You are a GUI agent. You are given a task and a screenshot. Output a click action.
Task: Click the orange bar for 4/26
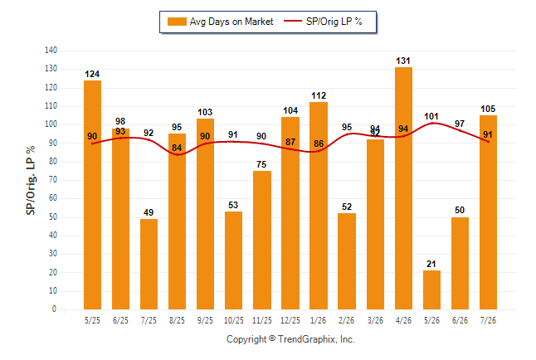[x=403, y=188]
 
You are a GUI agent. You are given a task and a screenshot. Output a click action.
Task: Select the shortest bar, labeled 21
[x=431, y=290]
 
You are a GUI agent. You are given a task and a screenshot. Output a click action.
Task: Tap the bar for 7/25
[x=149, y=265]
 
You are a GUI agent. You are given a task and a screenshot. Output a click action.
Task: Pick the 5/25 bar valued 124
[x=92, y=195]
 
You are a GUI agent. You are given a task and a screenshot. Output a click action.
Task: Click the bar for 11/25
[x=262, y=240]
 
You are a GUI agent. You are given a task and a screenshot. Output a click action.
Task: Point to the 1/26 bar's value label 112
[x=319, y=95]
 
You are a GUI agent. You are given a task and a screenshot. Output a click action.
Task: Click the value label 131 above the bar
[x=403, y=61]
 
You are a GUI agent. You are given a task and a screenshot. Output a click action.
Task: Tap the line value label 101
[x=431, y=117]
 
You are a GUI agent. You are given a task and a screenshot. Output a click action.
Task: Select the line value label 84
[x=177, y=148]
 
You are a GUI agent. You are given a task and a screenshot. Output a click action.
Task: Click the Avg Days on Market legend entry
[x=221, y=22]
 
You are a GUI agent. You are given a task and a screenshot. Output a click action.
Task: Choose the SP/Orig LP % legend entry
[x=323, y=22]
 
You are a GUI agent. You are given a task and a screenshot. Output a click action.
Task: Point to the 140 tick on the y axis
[x=51, y=51]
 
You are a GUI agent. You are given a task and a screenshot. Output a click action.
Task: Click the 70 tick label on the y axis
[x=52, y=179]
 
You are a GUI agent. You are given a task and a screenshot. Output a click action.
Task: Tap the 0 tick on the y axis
[x=55, y=309]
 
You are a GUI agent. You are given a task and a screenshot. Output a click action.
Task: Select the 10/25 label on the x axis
[x=234, y=321]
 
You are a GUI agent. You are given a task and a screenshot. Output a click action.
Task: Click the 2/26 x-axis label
[x=347, y=321]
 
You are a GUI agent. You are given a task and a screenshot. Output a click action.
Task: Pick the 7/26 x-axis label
[x=488, y=321]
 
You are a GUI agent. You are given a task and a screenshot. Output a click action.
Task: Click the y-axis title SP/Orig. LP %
[x=31, y=180]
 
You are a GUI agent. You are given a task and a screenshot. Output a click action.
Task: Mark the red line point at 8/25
[x=177, y=154]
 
